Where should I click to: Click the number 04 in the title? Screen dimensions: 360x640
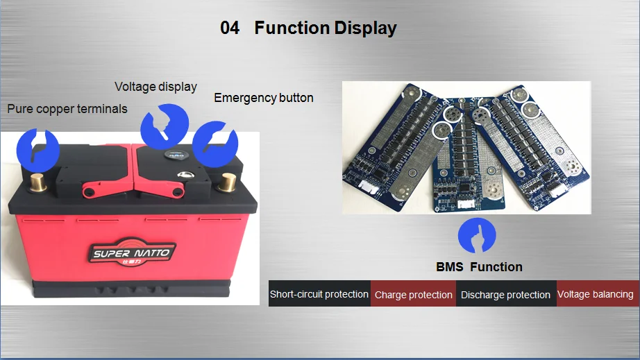point(230,28)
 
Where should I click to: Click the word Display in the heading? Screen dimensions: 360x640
point(365,28)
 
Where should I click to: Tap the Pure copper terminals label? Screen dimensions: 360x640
point(67,109)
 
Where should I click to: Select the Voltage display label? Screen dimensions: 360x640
point(155,87)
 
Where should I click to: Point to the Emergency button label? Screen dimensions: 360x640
point(264,98)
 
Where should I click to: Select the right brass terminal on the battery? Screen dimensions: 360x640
point(227,184)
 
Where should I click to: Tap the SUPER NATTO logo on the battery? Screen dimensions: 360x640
point(131,252)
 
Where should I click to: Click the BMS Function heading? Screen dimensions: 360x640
point(479,267)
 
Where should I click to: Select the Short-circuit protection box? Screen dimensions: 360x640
point(319,294)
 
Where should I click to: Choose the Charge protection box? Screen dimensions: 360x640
point(413,294)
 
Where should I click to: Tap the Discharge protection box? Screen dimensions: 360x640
point(505,294)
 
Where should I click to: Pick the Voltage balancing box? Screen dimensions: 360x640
point(596,294)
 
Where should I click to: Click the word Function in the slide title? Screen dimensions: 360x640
point(292,28)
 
